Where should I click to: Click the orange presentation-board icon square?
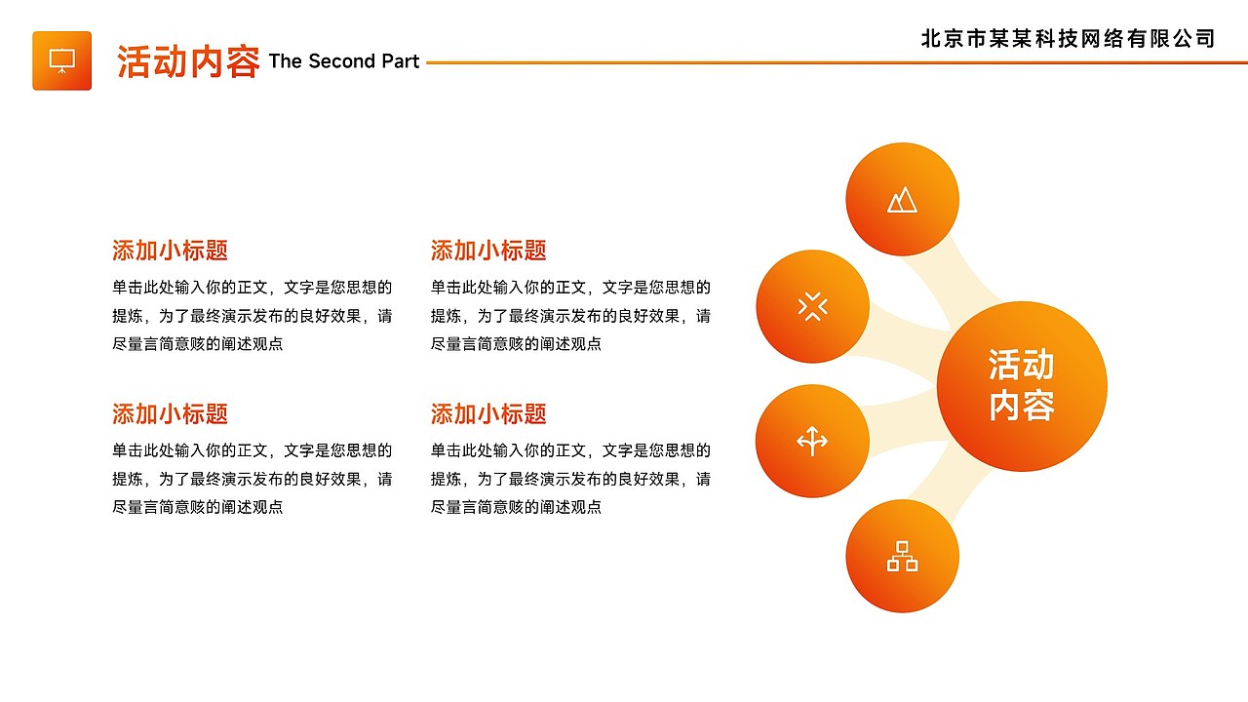[x=61, y=60]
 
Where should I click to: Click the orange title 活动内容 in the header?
[x=188, y=61]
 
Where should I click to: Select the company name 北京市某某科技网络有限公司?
[x=1068, y=38]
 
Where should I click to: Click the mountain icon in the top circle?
[x=902, y=200]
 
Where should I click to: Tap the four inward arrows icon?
[x=812, y=306]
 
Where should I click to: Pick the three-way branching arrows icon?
[x=812, y=442]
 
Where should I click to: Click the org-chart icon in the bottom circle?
[x=902, y=556]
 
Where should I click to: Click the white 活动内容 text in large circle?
[x=1021, y=385]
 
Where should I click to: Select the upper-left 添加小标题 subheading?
[x=170, y=251]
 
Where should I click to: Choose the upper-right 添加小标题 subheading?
[x=488, y=251]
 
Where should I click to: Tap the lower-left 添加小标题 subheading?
[x=170, y=414]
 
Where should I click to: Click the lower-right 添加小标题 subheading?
[x=488, y=414]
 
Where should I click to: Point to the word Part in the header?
[x=400, y=60]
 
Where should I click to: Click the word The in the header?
[x=286, y=60]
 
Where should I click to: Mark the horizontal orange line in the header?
[x=837, y=62]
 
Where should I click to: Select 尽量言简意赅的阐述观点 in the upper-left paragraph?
[x=198, y=344]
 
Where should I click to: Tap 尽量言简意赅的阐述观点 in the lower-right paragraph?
[x=516, y=507]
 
